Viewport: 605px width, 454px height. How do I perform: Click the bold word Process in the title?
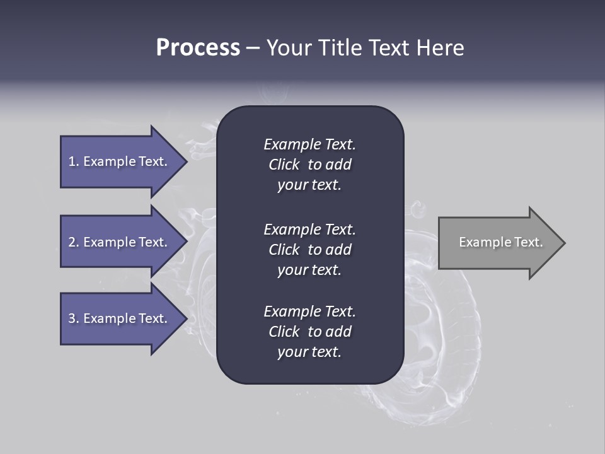tap(198, 48)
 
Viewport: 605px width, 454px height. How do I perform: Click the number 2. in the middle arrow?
tap(74, 242)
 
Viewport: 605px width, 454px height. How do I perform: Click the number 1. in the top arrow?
tap(74, 161)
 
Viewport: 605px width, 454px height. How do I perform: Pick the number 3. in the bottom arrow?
tap(74, 318)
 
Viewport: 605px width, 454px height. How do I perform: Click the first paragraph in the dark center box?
tap(309, 165)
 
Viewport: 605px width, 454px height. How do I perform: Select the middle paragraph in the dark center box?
tap(309, 250)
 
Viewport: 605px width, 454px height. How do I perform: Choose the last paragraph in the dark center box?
tap(309, 332)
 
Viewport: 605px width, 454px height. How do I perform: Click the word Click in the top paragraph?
tap(284, 165)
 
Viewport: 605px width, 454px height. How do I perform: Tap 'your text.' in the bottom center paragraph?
tap(309, 352)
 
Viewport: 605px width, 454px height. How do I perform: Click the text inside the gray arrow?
tap(500, 242)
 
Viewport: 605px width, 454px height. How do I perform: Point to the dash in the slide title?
tap(253, 49)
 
